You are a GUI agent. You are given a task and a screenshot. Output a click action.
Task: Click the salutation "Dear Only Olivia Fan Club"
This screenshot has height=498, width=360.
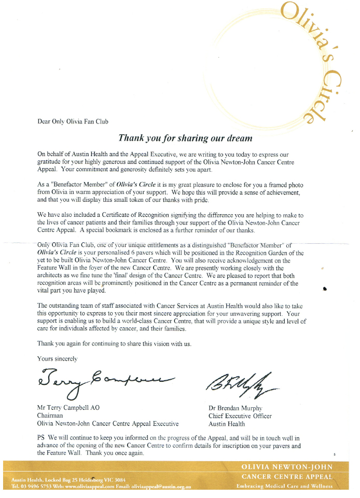click(x=73, y=122)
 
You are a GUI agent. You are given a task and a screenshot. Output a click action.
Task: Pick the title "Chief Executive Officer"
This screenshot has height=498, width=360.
click(x=240, y=416)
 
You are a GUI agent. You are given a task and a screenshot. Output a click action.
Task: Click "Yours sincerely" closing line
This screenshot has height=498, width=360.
click(x=57, y=358)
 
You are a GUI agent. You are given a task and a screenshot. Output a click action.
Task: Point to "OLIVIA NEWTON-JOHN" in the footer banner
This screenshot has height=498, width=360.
click(x=286, y=467)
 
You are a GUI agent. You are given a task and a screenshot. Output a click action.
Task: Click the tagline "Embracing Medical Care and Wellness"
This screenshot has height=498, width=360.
click(x=284, y=487)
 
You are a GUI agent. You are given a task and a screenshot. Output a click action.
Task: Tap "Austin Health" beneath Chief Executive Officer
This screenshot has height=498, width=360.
click(x=227, y=424)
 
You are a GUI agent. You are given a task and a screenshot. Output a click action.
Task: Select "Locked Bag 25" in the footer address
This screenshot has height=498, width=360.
click(x=65, y=480)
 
